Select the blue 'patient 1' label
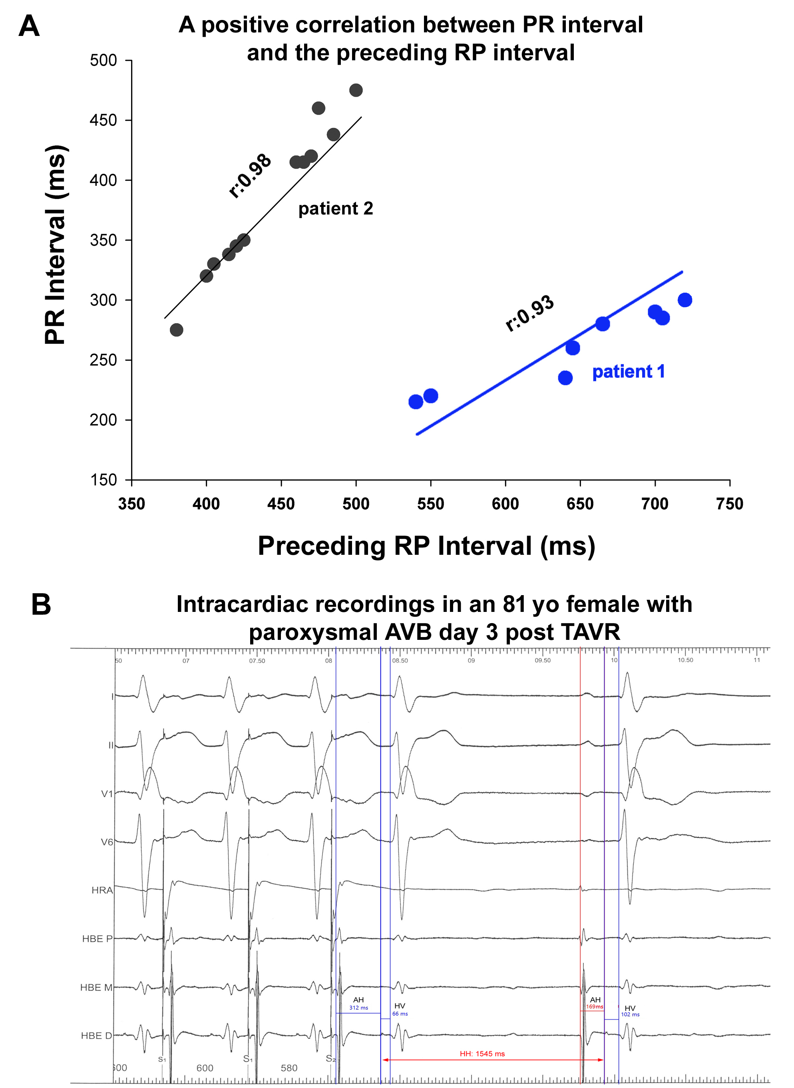pyautogui.click(x=628, y=371)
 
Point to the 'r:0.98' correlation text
pyautogui.click(x=249, y=176)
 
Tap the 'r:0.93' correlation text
pyautogui.click(x=529, y=313)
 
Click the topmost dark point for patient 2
pyautogui.click(x=356, y=90)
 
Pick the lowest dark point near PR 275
pyautogui.click(x=176, y=330)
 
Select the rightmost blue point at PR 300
pyautogui.click(x=685, y=300)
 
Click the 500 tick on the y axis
pyautogui.click(x=103, y=61)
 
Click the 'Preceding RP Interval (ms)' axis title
pyautogui.click(x=426, y=546)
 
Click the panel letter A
pyautogui.click(x=29, y=26)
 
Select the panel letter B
pyautogui.click(x=41, y=604)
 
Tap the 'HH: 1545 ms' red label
pyautogui.click(x=482, y=1054)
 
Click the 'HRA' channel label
pyautogui.click(x=102, y=890)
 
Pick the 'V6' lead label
pyautogui.click(x=107, y=842)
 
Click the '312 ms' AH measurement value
pyautogui.click(x=358, y=1008)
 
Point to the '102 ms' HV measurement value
pyautogui.click(x=630, y=1015)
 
